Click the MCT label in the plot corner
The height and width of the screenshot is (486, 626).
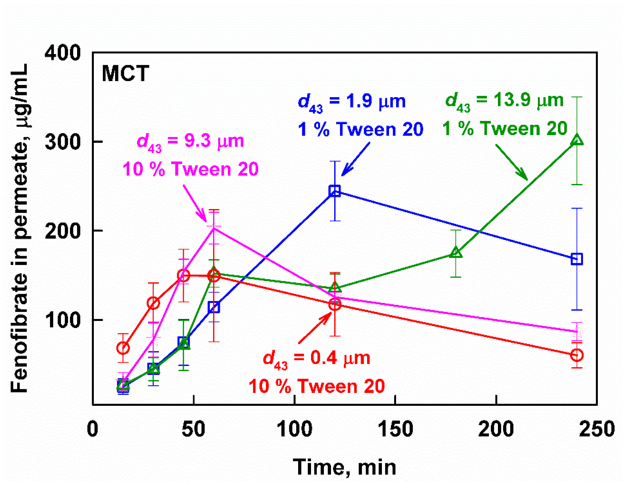coord(125,74)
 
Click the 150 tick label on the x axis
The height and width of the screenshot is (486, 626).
coord(395,429)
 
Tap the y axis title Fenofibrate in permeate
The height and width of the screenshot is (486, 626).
coord(19,227)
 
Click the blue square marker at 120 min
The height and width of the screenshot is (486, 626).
coord(335,191)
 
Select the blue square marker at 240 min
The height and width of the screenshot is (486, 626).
coord(577,259)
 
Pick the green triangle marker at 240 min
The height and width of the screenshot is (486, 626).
coord(577,140)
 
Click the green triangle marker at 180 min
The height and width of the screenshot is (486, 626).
coord(456,253)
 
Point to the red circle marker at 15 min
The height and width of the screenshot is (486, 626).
coord(123,348)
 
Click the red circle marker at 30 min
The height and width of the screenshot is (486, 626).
coord(153,303)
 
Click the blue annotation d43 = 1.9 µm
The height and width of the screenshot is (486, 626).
coord(352,102)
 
